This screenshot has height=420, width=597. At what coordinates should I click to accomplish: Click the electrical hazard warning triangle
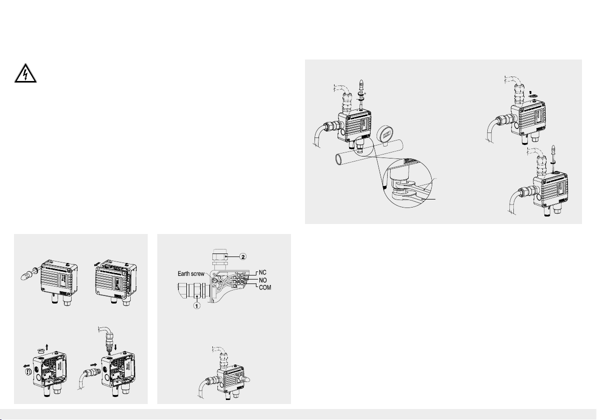[26, 73]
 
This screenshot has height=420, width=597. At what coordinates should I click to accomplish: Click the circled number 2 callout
[243, 256]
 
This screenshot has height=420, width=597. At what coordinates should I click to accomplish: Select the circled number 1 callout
[196, 305]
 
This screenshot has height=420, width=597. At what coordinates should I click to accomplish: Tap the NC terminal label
[263, 272]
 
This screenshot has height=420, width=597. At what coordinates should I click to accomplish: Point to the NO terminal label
[263, 280]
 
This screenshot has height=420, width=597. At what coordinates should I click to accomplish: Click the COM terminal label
[265, 287]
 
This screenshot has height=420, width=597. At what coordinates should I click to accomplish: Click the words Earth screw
[191, 273]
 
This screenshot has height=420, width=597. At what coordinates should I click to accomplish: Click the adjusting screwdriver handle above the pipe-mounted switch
[362, 85]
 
